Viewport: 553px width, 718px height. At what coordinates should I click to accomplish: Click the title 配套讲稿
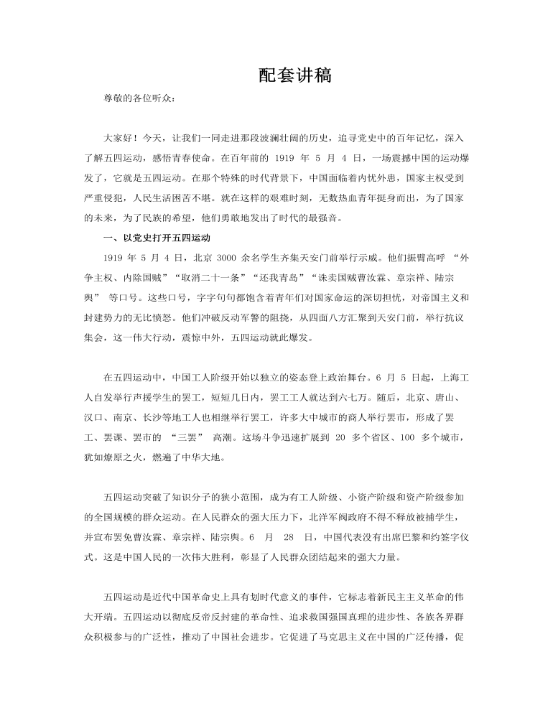point(294,75)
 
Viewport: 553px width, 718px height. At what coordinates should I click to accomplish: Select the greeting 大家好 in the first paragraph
point(118,137)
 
